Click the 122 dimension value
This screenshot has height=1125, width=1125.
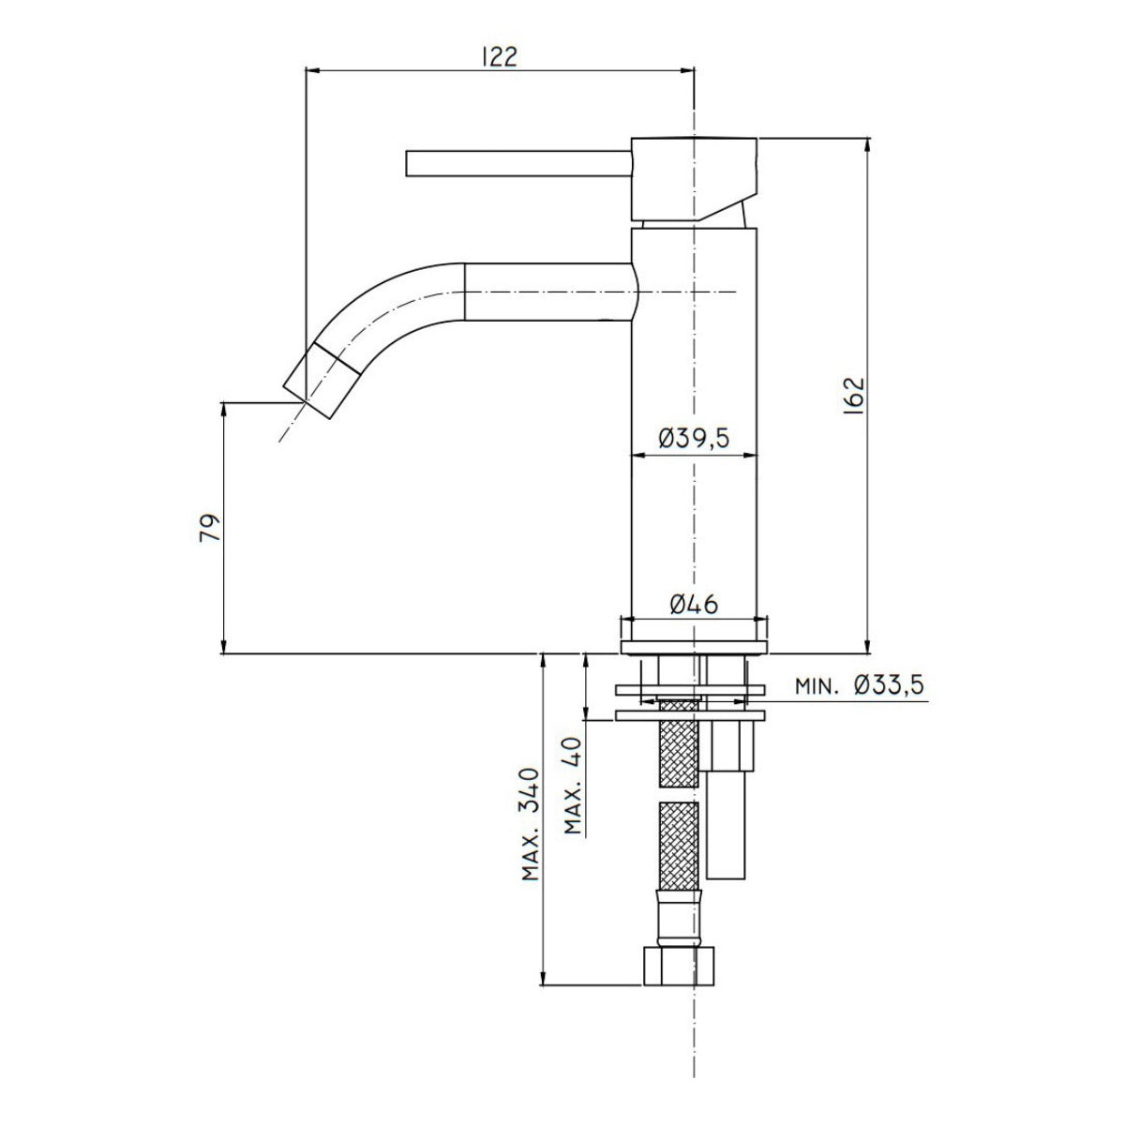pyautogui.click(x=499, y=55)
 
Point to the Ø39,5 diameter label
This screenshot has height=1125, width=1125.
pyautogui.click(x=693, y=437)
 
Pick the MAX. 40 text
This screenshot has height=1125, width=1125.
pyautogui.click(x=575, y=786)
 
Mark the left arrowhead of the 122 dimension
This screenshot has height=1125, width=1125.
pyautogui.click(x=312, y=70)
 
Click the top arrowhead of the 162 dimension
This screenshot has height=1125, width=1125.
pyautogui.click(x=866, y=145)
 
